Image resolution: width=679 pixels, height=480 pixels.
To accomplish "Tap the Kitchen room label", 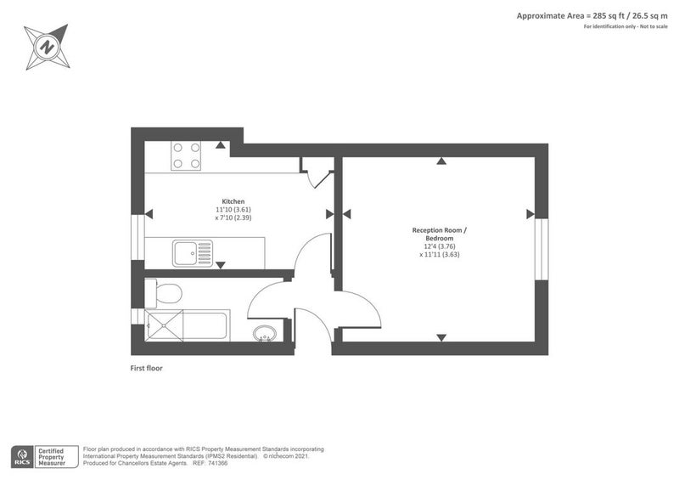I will click(233, 201).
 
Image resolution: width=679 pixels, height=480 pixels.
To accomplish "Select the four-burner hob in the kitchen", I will click(187, 155).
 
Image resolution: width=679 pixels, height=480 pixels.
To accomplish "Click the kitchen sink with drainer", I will click(193, 252).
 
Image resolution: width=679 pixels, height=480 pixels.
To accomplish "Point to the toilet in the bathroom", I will click(165, 294).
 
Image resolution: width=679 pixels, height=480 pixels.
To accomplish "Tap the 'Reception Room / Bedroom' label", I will click(439, 234).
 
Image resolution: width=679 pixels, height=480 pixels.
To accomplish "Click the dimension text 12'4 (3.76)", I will click(439, 247).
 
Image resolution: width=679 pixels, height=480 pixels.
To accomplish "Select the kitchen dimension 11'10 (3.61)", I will click(233, 210).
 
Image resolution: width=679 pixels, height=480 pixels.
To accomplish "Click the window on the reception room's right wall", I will click(540, 250).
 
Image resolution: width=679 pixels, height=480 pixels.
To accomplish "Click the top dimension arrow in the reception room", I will click(441, 161).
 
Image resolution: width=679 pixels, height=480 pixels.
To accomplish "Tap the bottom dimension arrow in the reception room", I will click(441, 338).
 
